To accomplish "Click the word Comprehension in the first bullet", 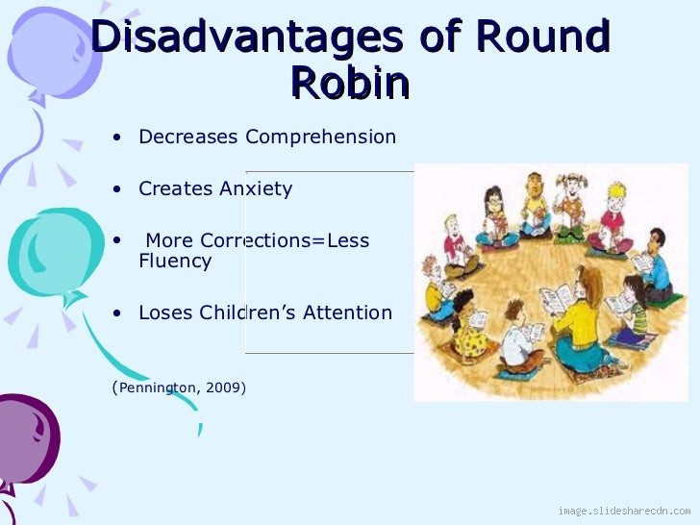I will point(320,137).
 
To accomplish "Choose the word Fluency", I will point(175,262).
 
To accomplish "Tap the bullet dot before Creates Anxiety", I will point(116,189).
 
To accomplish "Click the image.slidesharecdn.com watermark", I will point(624,509).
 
